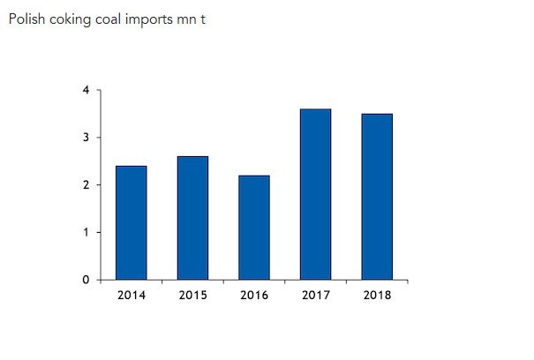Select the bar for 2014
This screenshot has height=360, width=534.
(132, 222)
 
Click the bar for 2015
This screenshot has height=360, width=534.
(192, 218)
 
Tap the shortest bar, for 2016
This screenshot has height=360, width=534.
(254, 228)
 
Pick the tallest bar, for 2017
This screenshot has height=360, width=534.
(315, 194)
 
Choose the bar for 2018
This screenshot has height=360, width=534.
(377, 197)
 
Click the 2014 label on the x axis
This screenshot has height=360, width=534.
(132, 295)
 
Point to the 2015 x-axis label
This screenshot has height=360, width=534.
(192, 295)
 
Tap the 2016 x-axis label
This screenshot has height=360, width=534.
(254, 295)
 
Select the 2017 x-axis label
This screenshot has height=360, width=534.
(315, 295)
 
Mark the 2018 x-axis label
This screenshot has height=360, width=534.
(377, 295)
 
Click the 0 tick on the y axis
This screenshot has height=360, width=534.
(86, 280)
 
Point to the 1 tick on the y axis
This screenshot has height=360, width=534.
(86, 232)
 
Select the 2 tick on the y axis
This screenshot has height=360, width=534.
(86, 185)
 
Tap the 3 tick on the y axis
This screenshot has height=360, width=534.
(86, 138)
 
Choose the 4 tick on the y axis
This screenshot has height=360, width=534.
(86, 90)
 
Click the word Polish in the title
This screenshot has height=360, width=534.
(24, 19)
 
